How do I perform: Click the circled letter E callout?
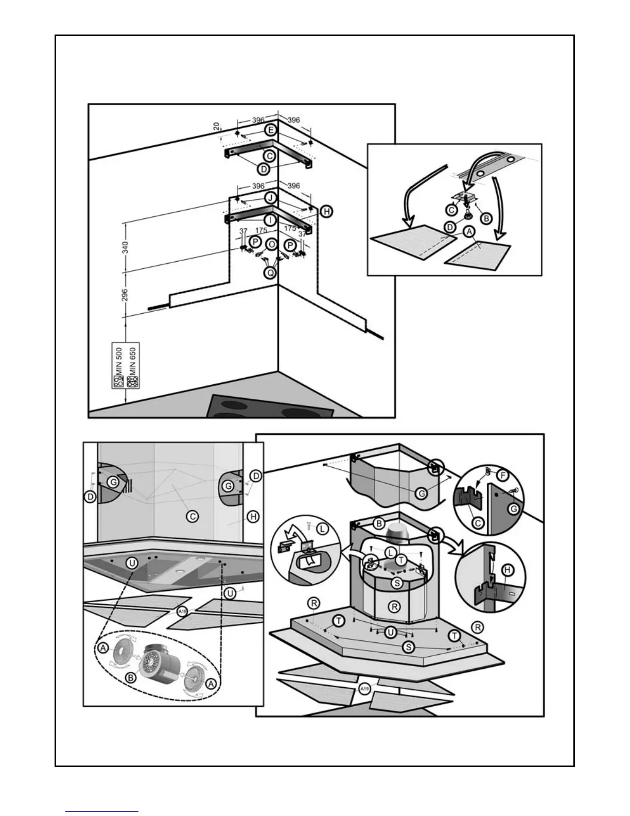click(x=271, y=130)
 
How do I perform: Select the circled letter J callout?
click(x=270, y=198)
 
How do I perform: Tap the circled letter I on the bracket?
click(x=270, y=219)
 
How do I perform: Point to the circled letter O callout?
click(x=271, y=243)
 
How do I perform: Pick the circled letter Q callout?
click(x=270, y=273)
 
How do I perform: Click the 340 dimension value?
click(x=125, y=247)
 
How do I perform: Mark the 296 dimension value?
click(x=125, y=295)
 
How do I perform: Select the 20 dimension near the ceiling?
click(x=217, y=127)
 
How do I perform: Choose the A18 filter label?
click(x=181, y=611)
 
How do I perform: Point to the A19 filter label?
click(x=364, y=689)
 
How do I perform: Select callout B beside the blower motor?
click(x=131, y=678)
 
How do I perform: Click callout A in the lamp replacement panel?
click(x=468, y=232)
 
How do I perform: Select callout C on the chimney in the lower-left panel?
click(x=192, y=516)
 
